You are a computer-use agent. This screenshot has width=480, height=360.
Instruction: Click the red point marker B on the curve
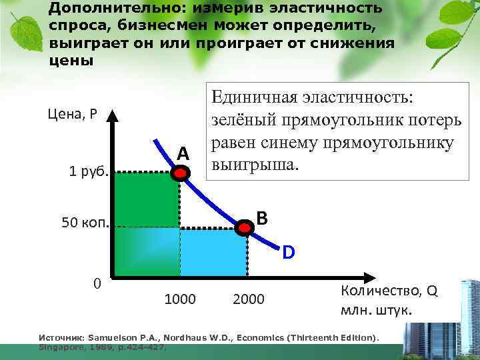246,228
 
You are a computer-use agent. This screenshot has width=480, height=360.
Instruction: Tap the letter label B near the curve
262,218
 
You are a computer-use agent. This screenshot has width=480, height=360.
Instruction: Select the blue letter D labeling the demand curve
288,253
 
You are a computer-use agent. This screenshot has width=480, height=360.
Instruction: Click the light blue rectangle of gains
213,251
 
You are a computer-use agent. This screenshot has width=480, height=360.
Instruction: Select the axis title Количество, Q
389,291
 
